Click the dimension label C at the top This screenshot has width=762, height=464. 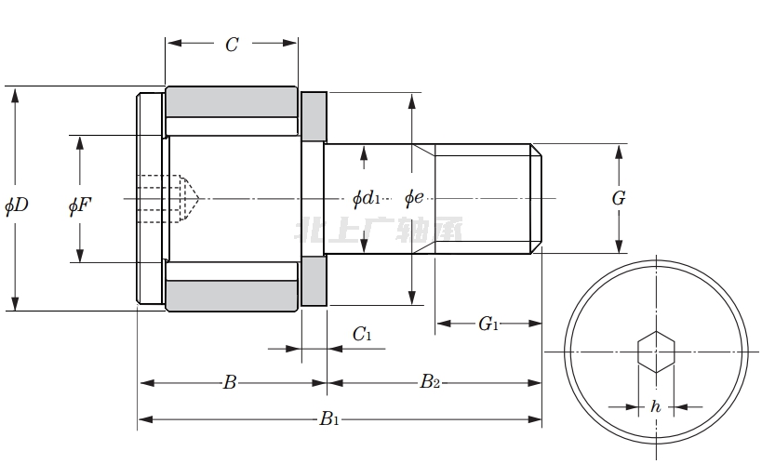point(232,44)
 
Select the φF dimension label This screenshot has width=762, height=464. point(80,205)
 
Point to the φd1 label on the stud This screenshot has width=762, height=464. point(367,198)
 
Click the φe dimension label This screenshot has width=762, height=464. point(414,198)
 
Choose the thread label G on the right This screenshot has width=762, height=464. point(618,198)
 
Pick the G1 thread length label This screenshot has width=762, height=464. point(488,324)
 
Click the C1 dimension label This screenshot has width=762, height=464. point(362,335)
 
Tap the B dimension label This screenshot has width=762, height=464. point(230,381)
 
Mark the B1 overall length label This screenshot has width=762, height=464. point(329,419)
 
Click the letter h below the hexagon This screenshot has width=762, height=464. point(656,406)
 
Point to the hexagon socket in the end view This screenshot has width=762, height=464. point(656,351)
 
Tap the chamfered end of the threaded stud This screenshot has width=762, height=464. point(536,198)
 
